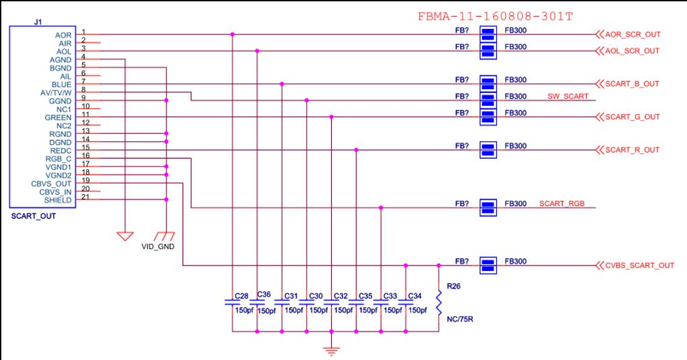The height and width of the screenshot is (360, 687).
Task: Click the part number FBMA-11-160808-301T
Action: point(495,17)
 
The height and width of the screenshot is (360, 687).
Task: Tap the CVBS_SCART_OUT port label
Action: point(640,265)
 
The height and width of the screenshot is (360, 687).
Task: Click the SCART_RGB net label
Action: point(562,203)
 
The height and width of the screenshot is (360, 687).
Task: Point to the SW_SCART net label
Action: point(568,96)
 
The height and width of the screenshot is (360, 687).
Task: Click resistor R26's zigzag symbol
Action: point(439,302)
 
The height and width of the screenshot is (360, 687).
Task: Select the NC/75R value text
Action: point(460,319)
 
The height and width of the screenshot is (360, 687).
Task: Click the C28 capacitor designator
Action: point(241,296)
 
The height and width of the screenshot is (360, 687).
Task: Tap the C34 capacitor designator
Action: point(415,296)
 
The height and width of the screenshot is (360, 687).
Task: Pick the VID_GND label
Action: point(158,247)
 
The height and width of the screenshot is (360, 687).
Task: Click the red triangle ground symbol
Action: point(125,236)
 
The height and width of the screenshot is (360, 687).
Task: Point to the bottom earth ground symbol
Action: point(332,351)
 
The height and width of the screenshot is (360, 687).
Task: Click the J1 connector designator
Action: point(38,22)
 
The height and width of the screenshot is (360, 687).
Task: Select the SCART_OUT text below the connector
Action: point(33,216)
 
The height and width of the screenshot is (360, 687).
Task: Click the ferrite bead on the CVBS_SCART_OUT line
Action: point(488,265)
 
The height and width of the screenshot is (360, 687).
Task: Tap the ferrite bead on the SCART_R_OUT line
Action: point(488,150)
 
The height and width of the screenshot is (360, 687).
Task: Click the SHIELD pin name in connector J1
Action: point(58,200)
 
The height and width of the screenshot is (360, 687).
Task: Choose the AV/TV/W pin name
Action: point(56,93)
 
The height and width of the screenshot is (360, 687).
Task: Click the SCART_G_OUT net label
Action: point(632,117)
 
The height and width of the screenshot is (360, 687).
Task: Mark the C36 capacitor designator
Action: point(264,294)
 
